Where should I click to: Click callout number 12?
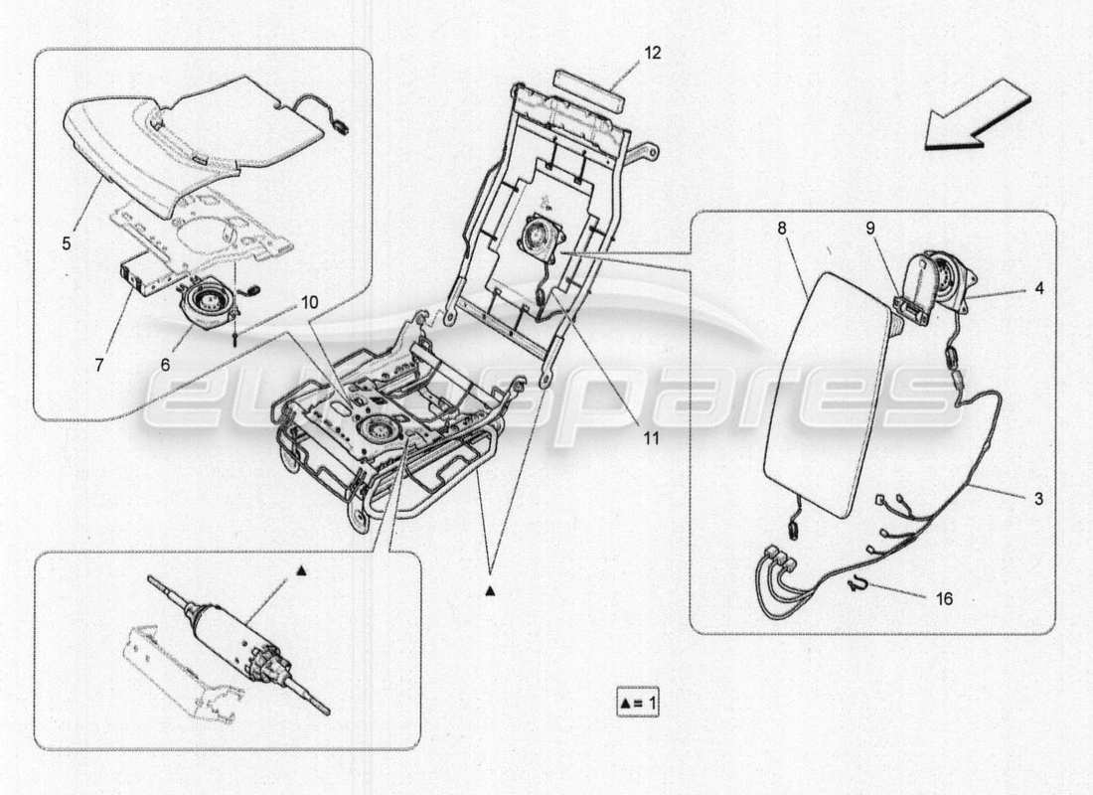[x=652, y=54]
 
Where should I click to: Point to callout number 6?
[x=165, y=365]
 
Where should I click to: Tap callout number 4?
[x=1038, y=289]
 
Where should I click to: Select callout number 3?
[x=1038, y=499]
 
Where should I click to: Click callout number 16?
[x=944, y=599]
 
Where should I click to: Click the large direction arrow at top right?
[x=977, y=118]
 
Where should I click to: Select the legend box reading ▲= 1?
[x=637, y=704]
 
